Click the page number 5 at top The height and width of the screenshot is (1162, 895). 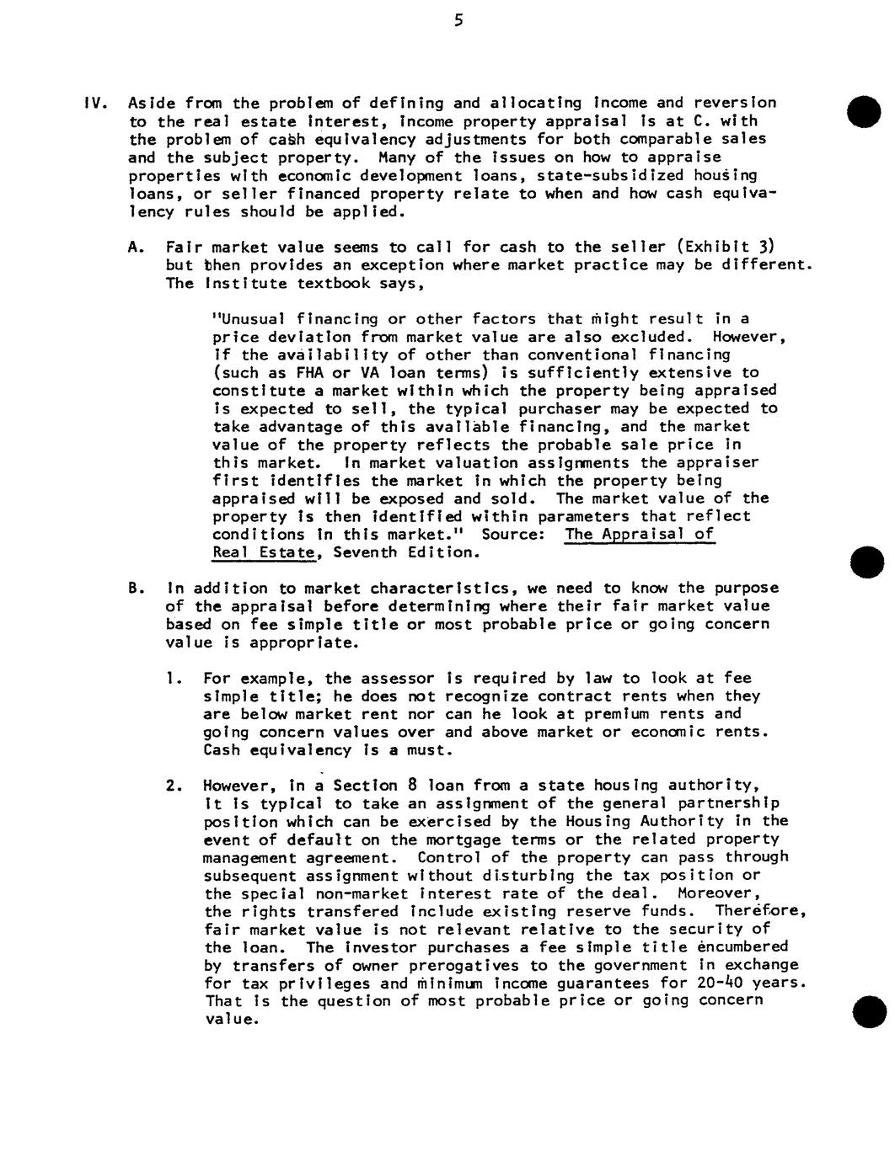458,20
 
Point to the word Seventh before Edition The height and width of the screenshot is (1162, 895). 364,553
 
